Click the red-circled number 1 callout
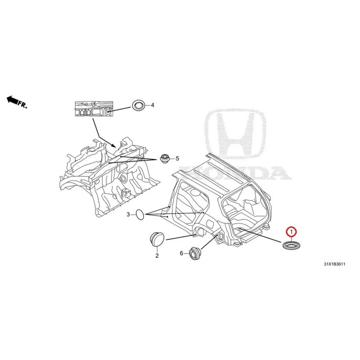point(291,232)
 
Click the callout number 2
point(157,256)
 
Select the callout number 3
point(128,215)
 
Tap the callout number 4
point(153,105)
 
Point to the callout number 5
point(177,158)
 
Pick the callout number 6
point(181,253)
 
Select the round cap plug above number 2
point(157,239)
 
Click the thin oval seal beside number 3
point(140,215)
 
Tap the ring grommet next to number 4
point(139,106)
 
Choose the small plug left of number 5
point(165,159)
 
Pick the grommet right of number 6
point(195,253)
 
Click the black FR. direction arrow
point(12,99)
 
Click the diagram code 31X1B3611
point(334,264)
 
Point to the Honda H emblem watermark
point(235,134)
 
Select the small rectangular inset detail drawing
point(94,109)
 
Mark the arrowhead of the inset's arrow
point(114,145)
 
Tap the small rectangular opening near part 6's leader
point(221,236)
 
